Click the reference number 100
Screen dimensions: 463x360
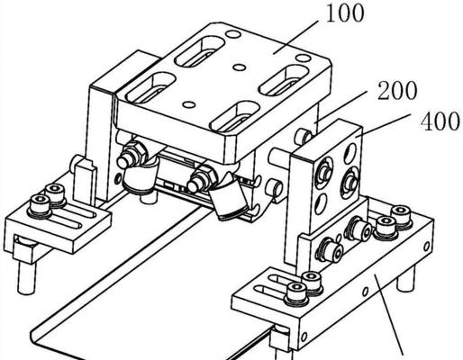pos(345,13)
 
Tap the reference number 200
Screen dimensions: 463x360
pos(397,90)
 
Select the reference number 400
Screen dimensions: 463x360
pos(440,121)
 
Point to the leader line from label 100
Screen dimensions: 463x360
pos(295,37)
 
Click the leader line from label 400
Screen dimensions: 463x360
pos(383,125)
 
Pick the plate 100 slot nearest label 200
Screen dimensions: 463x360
pos(284,80)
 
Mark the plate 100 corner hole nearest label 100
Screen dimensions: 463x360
pos(303,58)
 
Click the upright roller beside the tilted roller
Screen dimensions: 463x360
pos(139,177)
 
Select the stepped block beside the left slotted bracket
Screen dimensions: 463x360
pos(85,181)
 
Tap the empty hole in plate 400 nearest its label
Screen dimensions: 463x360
pos(350,153)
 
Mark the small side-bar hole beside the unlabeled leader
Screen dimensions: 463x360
pos(365,291)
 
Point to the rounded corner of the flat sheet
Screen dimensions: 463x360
pos(38,341)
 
